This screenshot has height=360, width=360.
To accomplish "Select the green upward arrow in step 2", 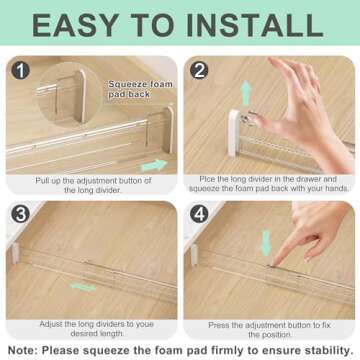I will pos(245,96).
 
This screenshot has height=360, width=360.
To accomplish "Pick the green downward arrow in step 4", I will pos(266,243).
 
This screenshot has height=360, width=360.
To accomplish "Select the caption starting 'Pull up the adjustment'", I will pos(92,186).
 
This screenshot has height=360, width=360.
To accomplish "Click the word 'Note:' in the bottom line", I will pos(25,351).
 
